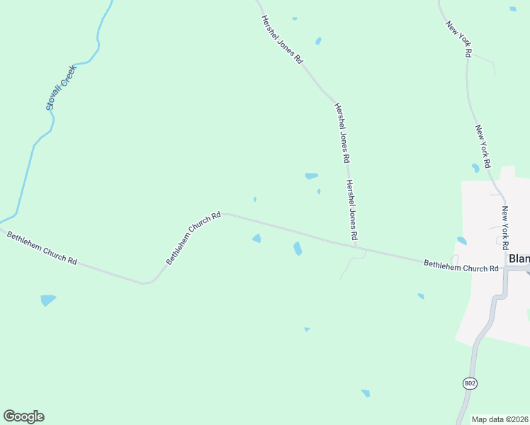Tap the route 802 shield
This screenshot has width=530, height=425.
tap(470, 383)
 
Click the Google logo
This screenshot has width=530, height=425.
tap(23, 416)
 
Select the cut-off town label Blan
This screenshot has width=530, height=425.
tap(519, 259)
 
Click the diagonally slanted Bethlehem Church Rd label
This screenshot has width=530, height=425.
tap(193, 238)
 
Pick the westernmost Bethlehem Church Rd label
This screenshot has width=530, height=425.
tap(41, 247)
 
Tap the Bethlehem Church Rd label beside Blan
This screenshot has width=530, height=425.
tap(461, 267)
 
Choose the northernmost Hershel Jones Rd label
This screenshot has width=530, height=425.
tap(281, 40)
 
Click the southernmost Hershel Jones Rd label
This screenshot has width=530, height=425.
tap(351, 208)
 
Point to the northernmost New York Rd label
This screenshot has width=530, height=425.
tap(458, 38)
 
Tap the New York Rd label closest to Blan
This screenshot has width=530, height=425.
tap(504, 227)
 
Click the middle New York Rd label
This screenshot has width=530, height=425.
tap(483, 146)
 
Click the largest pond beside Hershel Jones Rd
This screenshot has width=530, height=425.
tap(311, 176)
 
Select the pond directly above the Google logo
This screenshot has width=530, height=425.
tap(47, 300)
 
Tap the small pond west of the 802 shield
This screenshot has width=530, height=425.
tap(366, 393)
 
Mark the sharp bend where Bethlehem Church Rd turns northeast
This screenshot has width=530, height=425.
tap(147, 283)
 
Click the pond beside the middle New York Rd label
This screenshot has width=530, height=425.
tap(475, 169)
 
